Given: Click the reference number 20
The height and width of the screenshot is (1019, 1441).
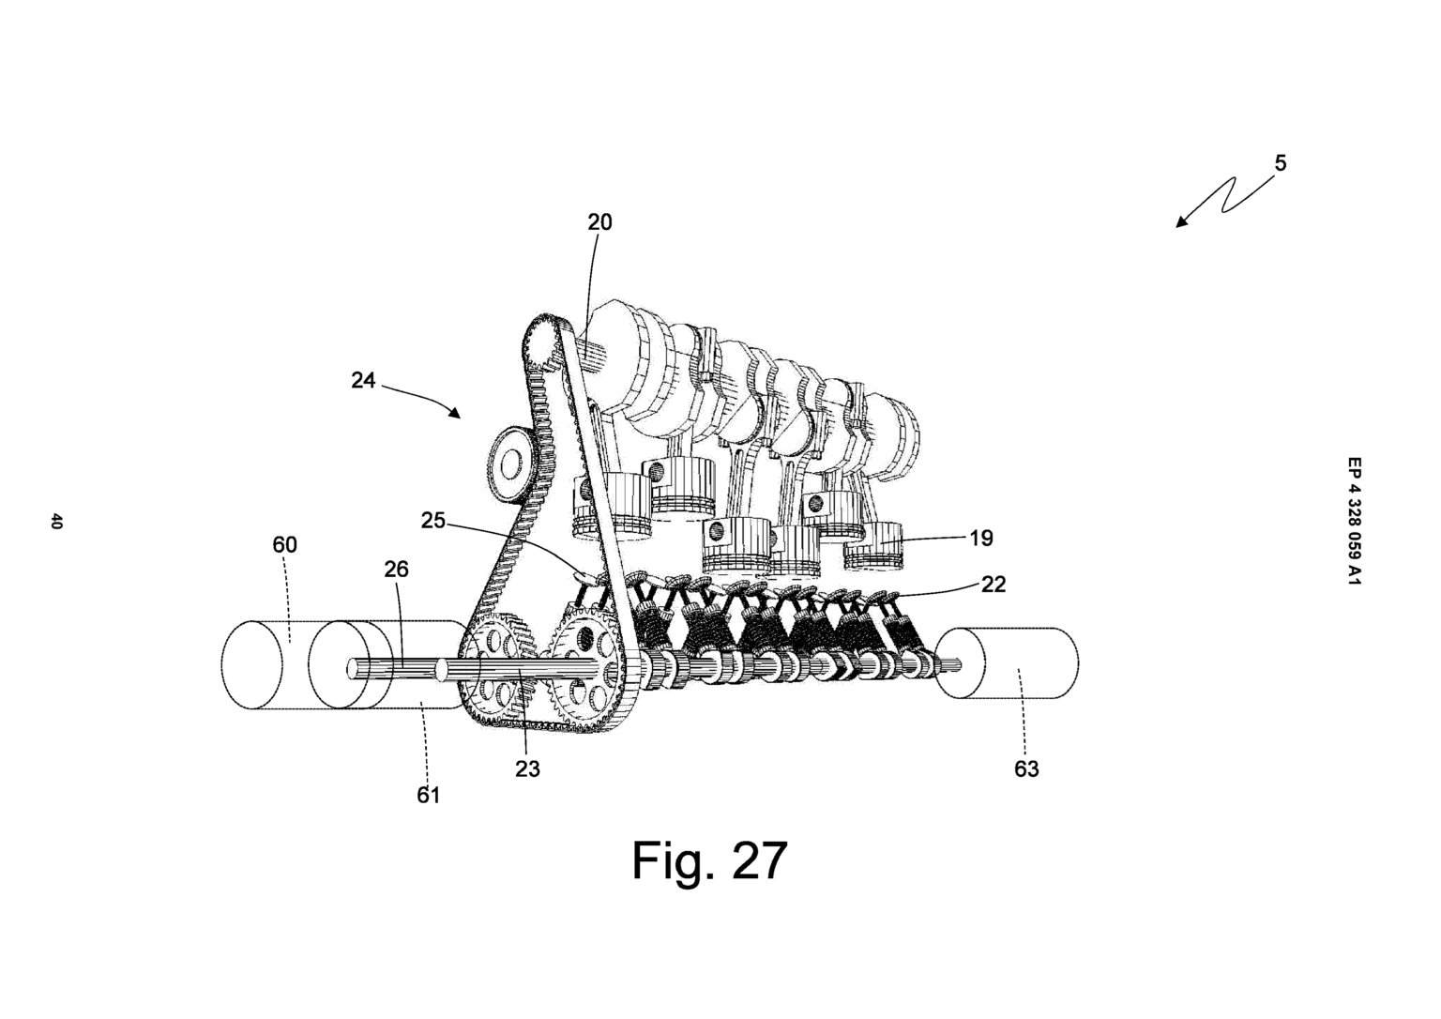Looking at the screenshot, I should point(599,222).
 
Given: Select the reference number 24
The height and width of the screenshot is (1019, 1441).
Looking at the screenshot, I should point(363,381).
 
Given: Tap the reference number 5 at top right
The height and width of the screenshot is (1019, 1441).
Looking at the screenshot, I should point(1281,163).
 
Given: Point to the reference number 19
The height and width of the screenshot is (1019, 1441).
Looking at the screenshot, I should point(980,538).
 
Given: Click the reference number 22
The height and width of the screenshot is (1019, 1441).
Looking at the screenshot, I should point(993,584).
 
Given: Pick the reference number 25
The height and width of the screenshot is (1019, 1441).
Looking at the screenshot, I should point(432,520).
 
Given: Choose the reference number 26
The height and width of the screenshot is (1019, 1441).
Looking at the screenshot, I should point(396,570).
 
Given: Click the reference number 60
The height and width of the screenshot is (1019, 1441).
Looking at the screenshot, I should point(284,545).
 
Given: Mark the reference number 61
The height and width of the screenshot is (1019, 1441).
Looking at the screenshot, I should point(428,795).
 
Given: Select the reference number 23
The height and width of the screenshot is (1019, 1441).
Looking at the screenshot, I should point(527,768).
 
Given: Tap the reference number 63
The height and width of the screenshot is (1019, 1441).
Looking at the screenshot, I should point(1026,769).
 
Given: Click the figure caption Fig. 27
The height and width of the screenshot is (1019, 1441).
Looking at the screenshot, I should point(709,859).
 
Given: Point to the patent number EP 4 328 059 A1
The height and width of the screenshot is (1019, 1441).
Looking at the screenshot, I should point(1353,522).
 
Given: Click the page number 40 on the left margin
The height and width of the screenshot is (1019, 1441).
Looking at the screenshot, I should point(56,522).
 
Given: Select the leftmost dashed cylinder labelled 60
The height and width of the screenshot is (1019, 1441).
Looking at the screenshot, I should point(253,664).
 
